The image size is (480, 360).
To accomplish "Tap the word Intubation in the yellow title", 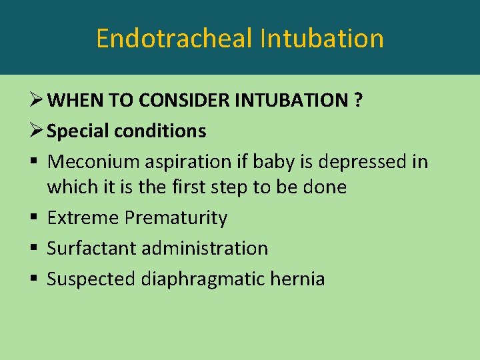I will (x=322, y=38).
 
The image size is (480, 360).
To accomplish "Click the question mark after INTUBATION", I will (x=358, y=101).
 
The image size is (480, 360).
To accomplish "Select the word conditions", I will (x=161, y=131).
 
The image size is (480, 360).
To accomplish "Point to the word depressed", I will (x=360, y=162).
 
